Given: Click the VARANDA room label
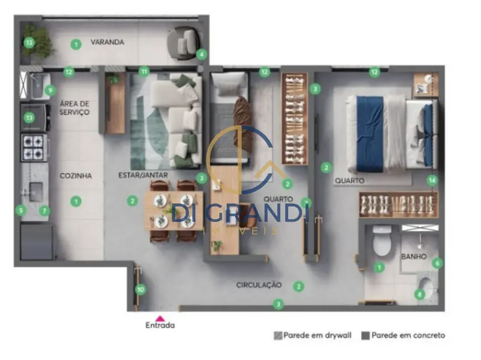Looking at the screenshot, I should [x=107, y=42].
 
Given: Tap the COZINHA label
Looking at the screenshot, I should [x=76, y=176].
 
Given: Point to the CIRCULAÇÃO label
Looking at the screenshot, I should [x=259, y=285].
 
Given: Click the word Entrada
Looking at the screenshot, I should [x=160, y=326].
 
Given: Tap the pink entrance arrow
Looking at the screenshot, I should [x=160, y=318].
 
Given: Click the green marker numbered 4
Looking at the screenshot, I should [x=201, y=54].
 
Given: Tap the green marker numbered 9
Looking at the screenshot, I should [x=49, y=90].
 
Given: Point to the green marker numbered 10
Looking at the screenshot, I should [x=141, y=289].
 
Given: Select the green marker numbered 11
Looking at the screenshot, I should [x=145, y=71].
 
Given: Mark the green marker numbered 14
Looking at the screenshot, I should [x=432, y=180].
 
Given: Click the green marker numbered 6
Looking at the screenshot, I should [x=437, y=263].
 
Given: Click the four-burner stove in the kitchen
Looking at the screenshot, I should [x=34, y=147].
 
